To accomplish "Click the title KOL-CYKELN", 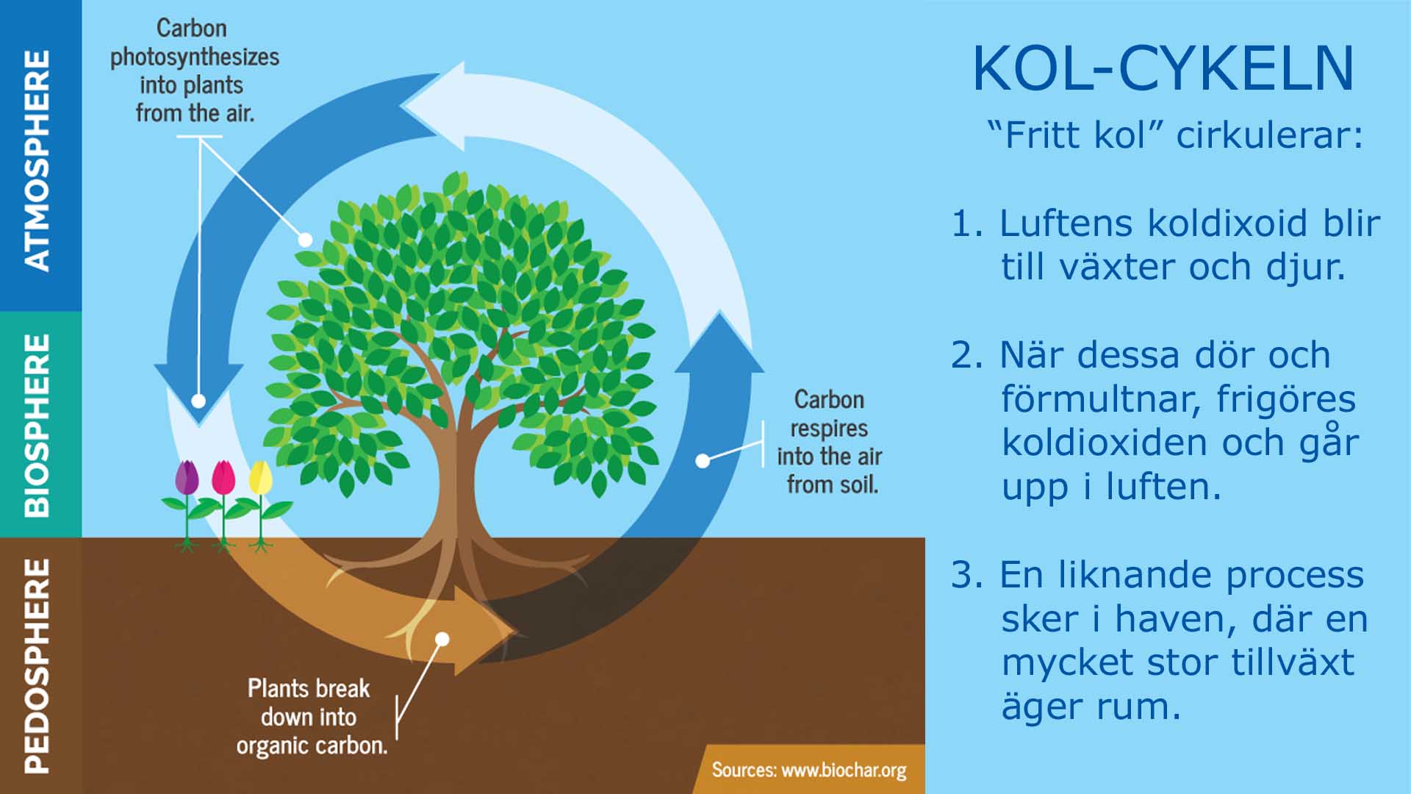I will coord(1163,69).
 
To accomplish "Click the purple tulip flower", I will coord(187,478).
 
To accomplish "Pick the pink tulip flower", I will coord(223,478).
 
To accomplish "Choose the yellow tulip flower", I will coord(260,478).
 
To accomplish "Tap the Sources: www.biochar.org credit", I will coord(808,770).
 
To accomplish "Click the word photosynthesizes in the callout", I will coord(195,57).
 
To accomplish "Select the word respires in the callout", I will coord(829,429).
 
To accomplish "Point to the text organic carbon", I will coord(312,745).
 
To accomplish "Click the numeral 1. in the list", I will coord(967,223).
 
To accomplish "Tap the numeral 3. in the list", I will coord(967,575).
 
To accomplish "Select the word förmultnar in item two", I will coord(1100,399).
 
